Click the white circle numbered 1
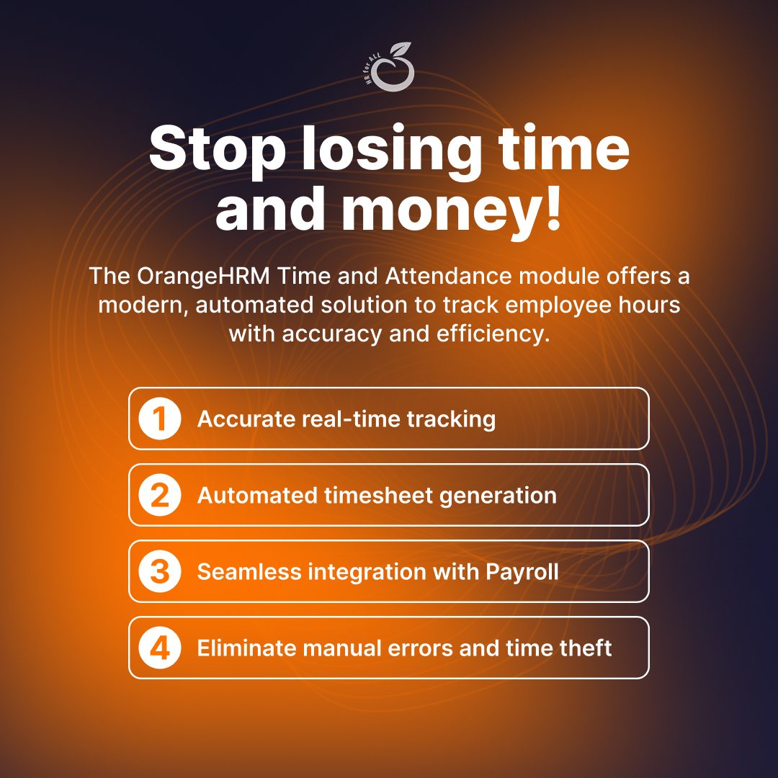(x=159, y=419)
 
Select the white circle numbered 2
(x=159, y=496)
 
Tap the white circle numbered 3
(x=159, y=572)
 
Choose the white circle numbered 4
(x=159, y=648)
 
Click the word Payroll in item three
(x=522, y=572)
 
